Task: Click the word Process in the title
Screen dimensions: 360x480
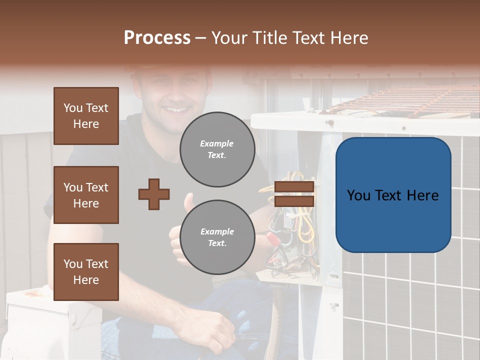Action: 157,38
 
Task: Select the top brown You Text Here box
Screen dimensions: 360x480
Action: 86,116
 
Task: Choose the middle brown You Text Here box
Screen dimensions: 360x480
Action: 86,195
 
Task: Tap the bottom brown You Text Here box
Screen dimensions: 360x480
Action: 86,271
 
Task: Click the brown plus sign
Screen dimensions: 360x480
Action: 154,194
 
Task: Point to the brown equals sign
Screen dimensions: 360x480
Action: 294,194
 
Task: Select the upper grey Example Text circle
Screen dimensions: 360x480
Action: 217,149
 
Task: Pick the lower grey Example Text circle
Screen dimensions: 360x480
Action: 217,237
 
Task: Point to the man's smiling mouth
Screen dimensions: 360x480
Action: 178,109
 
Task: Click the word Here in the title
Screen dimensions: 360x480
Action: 350,38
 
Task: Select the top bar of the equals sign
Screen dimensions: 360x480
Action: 294,187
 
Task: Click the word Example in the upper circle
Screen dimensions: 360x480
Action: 217,143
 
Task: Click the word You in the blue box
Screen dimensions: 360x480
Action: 358,195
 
